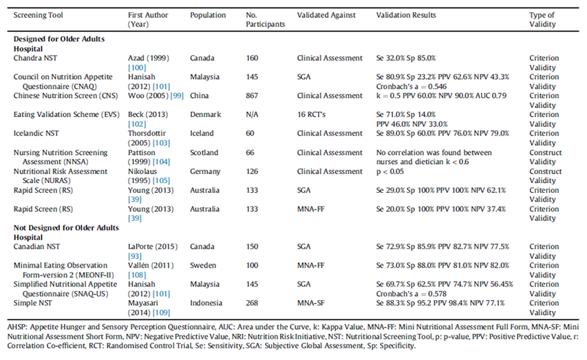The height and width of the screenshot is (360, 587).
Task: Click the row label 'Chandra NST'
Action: point(36,59)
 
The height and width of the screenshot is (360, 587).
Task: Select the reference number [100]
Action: point(136,68)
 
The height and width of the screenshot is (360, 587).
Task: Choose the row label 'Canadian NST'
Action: point(39,246)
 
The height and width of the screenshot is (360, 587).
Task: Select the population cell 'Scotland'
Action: point(205,153)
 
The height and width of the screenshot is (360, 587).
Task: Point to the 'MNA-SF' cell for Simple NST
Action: point(311,302)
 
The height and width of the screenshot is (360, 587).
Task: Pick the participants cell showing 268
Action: point(253,302)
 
